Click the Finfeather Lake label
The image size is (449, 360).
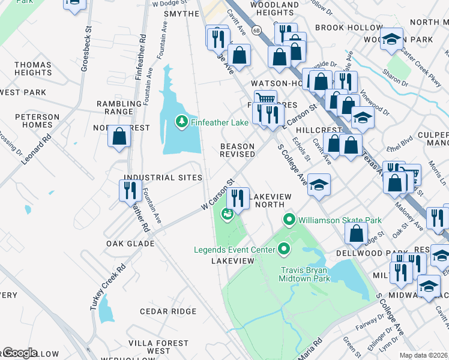click(220, 123)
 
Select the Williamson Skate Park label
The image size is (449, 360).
click(340, 220)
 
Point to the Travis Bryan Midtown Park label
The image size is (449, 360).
click(306, 274)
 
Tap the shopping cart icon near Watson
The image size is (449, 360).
click(265, 98)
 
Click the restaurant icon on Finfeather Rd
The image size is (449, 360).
click(130, 190)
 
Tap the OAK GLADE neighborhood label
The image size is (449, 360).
click(130, 244)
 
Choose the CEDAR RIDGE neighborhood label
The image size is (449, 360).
click(168, 311)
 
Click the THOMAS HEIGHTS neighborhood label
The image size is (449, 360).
click(33, 68)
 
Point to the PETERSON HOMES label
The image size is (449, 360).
click(34, 121)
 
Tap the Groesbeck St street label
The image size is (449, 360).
click(85, 49)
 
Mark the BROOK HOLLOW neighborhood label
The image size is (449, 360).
click(348, 28)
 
